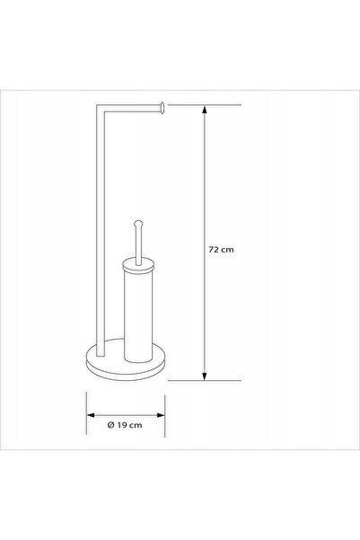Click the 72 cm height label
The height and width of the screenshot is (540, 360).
pos(221,250)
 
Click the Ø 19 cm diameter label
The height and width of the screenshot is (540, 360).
pos(125,425)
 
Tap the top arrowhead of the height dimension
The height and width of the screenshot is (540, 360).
pos(205,111)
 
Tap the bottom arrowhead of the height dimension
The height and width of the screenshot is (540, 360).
pos(205,376)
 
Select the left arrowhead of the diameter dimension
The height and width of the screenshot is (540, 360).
pos(91,415)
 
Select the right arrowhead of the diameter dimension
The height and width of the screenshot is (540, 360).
pos(161,415)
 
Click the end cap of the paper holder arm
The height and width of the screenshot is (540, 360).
pos(162,108)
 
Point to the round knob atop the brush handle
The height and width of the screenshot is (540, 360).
pos(138,225)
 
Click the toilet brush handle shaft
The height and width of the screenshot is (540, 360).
pos(138,246)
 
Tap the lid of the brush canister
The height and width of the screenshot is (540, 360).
pos(138,265)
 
